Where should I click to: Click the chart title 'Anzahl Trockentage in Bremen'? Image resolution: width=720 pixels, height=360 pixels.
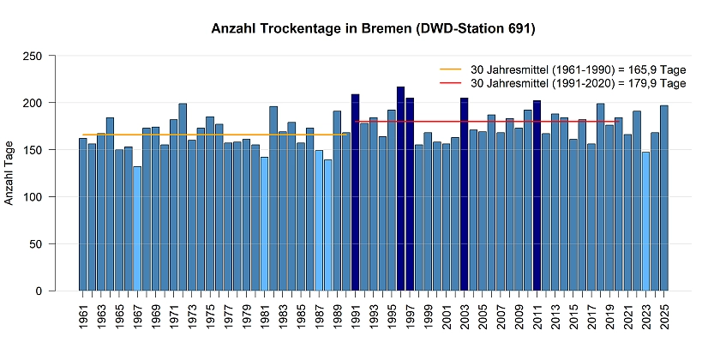(x=373, y=29)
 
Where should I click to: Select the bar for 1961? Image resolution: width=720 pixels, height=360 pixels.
(x=83, y=214)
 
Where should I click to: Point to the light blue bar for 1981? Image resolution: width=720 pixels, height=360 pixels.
(x=265, y=224)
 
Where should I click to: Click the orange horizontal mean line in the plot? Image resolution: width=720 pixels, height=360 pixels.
(x=214, y=135)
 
